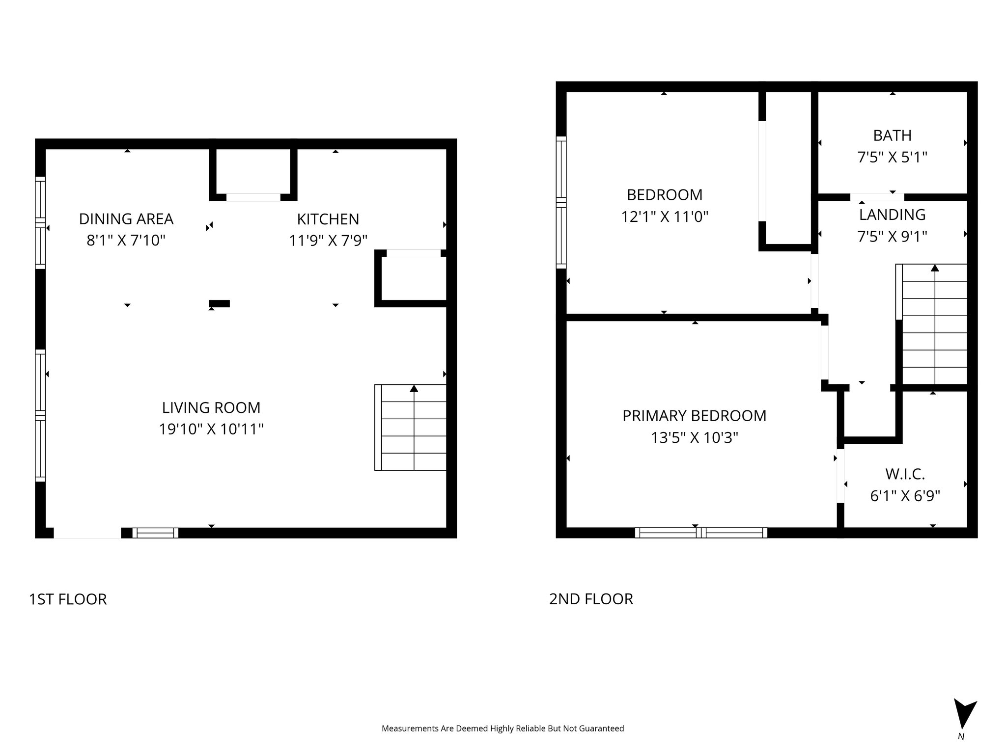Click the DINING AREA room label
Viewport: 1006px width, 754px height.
click(x=126, y=219)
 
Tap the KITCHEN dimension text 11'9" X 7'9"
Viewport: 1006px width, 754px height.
click(x=328, y=241)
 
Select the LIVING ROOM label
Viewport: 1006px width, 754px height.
click(x=211, y=407)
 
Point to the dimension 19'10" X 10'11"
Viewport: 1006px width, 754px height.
click(x=211, y=430)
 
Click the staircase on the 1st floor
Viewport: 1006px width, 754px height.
click(x=411, y=427)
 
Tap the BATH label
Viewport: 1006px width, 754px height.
click(x=892, y=135)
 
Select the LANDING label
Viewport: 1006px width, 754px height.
click(x=892, y=215)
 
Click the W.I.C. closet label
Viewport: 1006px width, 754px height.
click(x=905, y=474)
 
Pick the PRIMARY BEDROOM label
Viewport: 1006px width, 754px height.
click(x=694, y=416)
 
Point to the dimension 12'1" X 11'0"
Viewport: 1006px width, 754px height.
click(x=665, y=217)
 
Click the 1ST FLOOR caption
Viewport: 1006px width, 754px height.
click(x=68, y=599)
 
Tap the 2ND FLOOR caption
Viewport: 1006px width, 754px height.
click(x=591, y=599)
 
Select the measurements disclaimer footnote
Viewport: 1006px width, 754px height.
click(x=503, y=728)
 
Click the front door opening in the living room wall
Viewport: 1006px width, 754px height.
click(x=87, y=534)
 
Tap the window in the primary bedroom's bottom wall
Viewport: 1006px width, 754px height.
click(x=701, y=533)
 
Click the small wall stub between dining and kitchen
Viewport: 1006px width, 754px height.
click(x=219, y=303)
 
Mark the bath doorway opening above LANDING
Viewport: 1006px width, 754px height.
click(x=877, y=197)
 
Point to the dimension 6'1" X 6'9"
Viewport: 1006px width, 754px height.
click(x=905, y=496)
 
